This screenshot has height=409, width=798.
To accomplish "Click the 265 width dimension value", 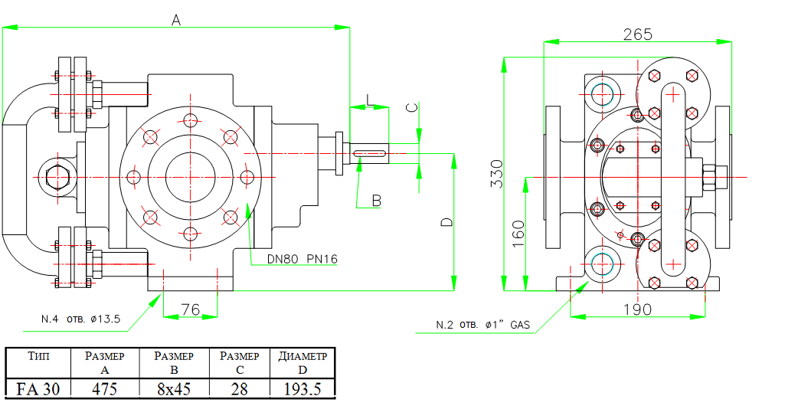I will click(x=637, y=34).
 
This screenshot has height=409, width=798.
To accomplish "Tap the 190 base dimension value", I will click(x=637, y=309).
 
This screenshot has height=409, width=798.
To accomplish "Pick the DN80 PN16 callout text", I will click(x=303, y=259).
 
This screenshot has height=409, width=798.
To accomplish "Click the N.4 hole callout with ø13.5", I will click(x=80, y=319).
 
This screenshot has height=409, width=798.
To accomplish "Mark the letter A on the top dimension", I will click(x=175, y=21).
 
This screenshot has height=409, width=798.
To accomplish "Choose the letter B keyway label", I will click(x=376, y=201).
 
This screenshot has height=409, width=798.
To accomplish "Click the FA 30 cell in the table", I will click(x=38, y=389).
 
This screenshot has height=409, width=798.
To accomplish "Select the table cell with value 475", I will click(x=105, y=389).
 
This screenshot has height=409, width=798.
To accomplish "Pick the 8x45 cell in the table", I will click(x=174, y=389).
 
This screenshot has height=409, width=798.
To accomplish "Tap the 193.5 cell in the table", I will click(x=303, y=389).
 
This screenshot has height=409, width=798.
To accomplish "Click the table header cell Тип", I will click(x=38, y=356).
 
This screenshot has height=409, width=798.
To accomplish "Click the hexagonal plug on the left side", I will click(x=57, y=177).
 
